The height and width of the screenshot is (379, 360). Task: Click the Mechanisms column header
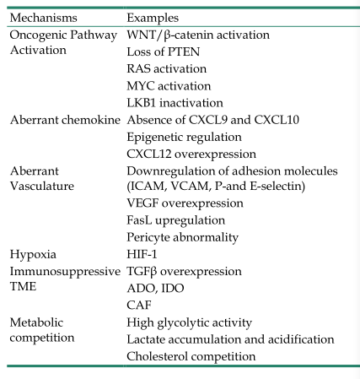click(43, 18)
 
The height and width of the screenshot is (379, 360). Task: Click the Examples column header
click(153, 18)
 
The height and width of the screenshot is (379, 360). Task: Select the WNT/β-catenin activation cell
click(198, 35)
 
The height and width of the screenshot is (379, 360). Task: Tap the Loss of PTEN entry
click(164, 51)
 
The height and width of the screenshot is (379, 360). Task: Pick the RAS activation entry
click(167, 68)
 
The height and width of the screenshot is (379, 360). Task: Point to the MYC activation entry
click(169, 86)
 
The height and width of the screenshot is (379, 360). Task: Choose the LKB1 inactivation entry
click(175, 103)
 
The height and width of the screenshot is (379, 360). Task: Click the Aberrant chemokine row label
click(65, 120)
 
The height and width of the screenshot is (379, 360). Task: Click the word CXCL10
click(277, 120)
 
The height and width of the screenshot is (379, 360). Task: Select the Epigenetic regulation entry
click(184, 138)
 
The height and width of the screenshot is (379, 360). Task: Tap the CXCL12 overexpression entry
click(191, 154)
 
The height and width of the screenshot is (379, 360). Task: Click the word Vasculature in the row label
click(42, 186)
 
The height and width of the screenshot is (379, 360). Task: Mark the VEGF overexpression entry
click(185, 203)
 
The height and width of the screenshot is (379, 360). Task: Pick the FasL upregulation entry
click(176, 220)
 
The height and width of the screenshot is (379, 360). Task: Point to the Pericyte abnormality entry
click(182, 237)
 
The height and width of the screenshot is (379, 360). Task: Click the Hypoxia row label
click(33, 255)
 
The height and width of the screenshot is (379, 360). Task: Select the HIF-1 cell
click(142, 254)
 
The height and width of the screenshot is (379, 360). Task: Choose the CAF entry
click(139, 306)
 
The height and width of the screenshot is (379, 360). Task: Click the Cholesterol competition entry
click(191, 356)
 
